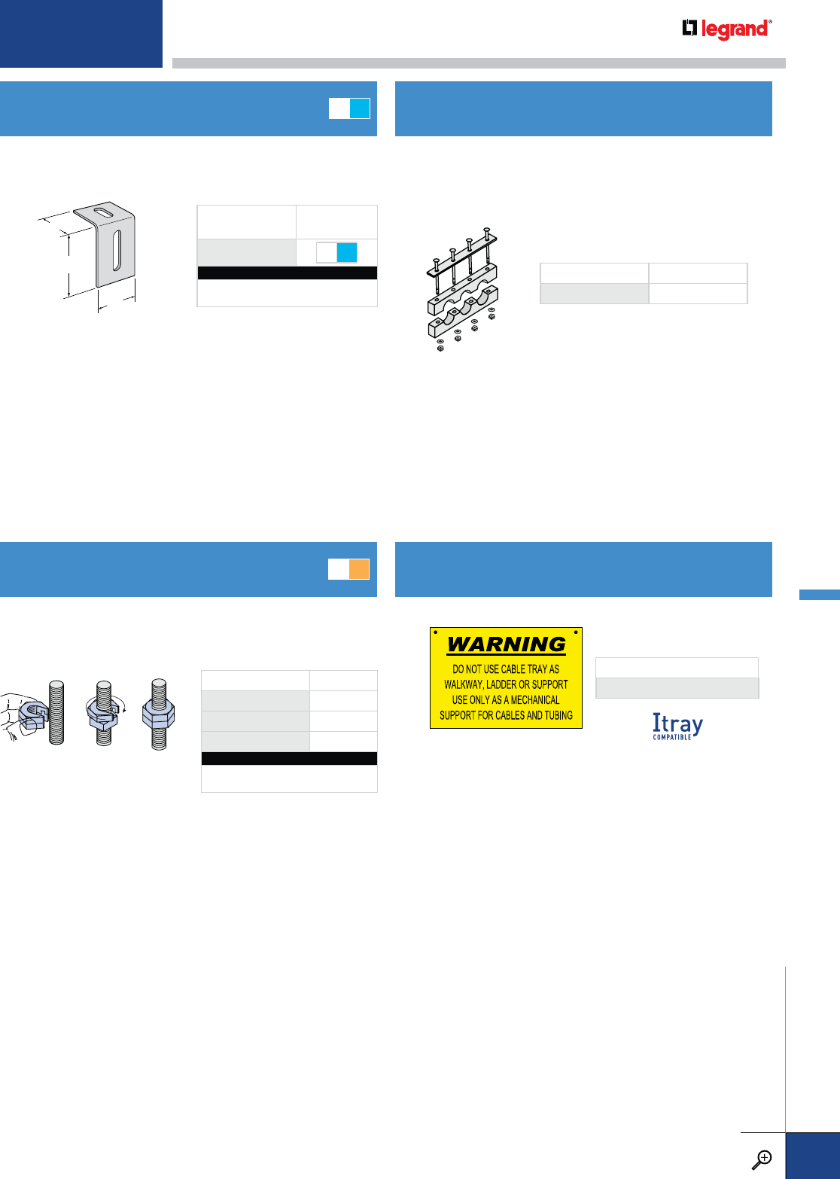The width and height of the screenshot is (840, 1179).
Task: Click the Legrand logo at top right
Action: pos(727,29)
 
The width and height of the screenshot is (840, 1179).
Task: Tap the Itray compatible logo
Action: pos(677,726)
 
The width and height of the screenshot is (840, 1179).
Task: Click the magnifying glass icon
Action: pos(762,1159)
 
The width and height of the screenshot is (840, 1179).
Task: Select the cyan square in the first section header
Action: pos(360,108)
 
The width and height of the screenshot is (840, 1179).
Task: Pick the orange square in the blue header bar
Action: pos(359,569)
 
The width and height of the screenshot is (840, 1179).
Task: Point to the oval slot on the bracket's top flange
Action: pos(105,215)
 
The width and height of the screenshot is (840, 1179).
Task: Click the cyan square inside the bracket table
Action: pos(346,252)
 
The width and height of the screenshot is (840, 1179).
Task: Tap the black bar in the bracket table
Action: pos(287,273)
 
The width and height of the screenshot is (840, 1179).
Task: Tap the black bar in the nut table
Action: pos(289,758)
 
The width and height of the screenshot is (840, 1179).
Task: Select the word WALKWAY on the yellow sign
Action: pos(464,684)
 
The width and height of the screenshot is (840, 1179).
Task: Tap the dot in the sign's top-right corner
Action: pos(576,632)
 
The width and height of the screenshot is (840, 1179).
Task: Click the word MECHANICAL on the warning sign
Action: pos(535,699)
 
